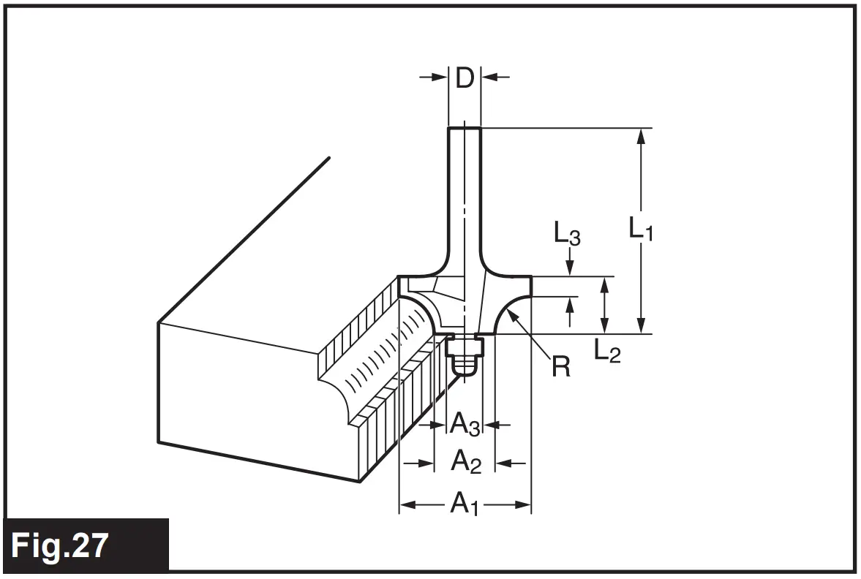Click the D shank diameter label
[x=465, y=77]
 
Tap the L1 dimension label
[x=642, y=229]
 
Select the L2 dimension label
[x=607, y=352]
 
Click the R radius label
[x=561, y=366]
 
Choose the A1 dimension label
[x=464, y=504]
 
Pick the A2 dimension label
[x=465, y=462]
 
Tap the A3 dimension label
[x=465, y=423]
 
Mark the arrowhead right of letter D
[x=488, y=77]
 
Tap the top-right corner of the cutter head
[x=530, y=277]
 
